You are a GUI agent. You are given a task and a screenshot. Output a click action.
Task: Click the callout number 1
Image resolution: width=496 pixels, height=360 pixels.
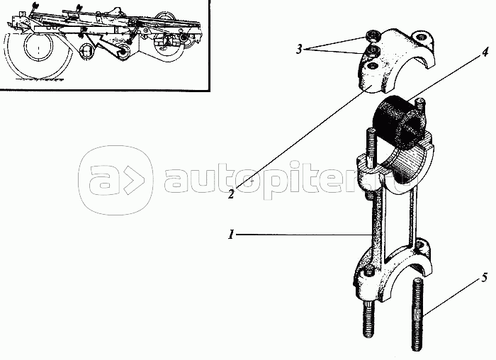pos(231,235)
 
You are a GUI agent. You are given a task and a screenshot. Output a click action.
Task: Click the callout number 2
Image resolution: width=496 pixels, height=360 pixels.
pos(231,193)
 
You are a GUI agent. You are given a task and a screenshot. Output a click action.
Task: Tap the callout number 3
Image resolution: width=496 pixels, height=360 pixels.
pos(299,50)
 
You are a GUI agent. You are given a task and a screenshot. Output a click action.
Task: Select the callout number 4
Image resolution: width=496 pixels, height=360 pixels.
pos(485,52)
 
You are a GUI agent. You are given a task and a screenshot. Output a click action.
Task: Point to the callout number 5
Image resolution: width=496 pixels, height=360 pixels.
pos(485,279)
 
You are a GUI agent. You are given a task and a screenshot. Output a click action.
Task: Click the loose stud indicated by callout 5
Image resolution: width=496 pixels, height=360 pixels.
pos(417,314)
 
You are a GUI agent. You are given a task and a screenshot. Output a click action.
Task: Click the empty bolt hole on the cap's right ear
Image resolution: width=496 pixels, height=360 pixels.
pos(422,38)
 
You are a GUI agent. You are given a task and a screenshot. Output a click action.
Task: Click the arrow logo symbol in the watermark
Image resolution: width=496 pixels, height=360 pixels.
pos(135,180)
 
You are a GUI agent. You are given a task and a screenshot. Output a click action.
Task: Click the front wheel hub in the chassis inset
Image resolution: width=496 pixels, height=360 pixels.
pos(38,47)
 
